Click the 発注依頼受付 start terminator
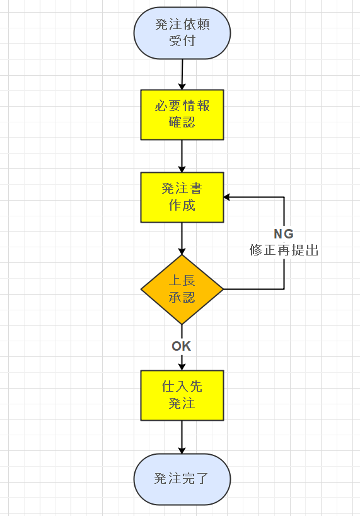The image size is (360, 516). (182, 33)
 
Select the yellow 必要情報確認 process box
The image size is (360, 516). (182, 114)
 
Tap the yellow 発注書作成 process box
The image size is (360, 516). (182, 197)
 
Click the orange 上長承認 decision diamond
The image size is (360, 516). (182, 290)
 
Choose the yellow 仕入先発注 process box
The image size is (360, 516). (182, 395)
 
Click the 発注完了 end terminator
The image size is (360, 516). (182, 479)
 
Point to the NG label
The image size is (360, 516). (284, 234)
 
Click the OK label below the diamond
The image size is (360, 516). (182, 346)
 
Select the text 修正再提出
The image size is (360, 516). (284, 250)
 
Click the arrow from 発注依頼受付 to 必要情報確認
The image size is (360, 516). (182, 74)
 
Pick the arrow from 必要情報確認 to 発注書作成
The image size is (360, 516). (182, 155)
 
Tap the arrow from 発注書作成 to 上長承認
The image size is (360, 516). (182, 238)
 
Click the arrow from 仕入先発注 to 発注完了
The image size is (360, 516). (182, 437)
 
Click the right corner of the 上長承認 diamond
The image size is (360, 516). (223, 290)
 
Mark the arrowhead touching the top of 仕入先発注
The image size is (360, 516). (182, 366)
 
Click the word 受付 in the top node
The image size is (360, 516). (182, 42)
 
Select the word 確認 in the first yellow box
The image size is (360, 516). (182, 122)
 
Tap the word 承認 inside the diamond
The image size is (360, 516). (182, 298)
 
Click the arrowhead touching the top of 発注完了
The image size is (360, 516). (182, 450)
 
